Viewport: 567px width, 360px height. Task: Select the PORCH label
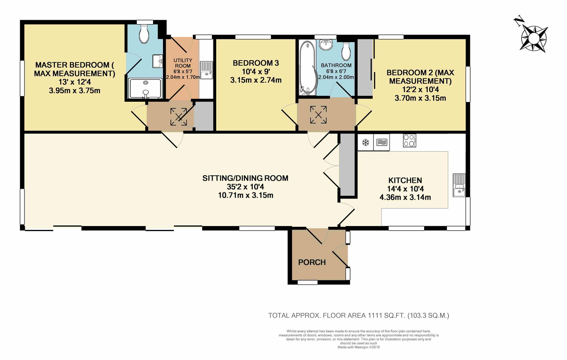312,262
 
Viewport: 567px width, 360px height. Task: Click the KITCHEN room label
405,180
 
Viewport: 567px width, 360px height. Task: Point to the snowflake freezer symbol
365,142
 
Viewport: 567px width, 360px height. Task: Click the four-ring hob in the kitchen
409,140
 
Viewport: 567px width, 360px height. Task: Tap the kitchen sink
459,185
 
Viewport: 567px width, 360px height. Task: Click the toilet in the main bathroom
346,51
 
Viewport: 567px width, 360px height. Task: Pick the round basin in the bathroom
326,45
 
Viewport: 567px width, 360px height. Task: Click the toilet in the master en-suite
144,34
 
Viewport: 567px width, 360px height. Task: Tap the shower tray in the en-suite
145,88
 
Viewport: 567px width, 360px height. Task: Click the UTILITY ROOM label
183,63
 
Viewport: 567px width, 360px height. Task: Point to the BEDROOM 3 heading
256,63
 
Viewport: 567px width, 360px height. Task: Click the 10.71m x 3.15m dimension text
246,195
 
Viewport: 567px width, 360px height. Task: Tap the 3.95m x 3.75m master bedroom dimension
74,91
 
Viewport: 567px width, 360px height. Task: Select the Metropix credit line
359,347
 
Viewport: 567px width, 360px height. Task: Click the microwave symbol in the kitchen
382,142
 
